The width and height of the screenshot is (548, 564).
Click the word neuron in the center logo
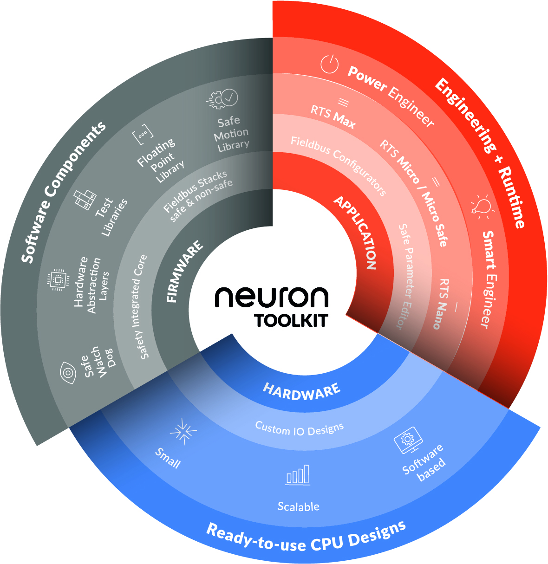pyautogui.click(x=271, y=298)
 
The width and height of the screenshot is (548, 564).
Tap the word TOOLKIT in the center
pyautogui.click(x=291, y=321)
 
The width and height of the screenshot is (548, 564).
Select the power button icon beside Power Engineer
pyautogui.click(x=329, y=64)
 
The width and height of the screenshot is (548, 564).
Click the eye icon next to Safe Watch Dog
pyautogui.click(x=69, y=372)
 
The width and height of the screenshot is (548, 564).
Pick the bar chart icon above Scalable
pyautogui.click(x=298, y=475)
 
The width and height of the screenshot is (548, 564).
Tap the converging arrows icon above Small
pyautogui.click(x=183, y=430)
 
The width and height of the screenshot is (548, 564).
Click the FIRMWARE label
pyautogui.click(x=184, y=271)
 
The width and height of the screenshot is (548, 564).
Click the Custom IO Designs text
pyautogui.click(x=300, y=428)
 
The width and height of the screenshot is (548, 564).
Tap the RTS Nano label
pyautogui.click(x=440, y=304)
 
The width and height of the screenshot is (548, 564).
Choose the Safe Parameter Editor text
pyautogui.click(x=406, y=276)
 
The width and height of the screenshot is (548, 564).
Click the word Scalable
pyautogui.click(x=298, y=506)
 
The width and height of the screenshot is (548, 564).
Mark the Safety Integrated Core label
pyautogui.click(x=137, y=306)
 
